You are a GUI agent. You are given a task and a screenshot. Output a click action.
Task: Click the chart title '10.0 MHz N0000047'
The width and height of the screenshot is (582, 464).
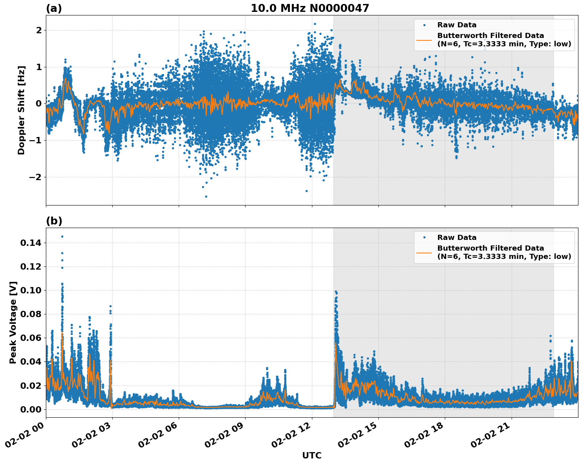[x=310, y=8]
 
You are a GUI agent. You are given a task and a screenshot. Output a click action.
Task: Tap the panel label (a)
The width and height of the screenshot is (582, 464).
[x=54, y=8]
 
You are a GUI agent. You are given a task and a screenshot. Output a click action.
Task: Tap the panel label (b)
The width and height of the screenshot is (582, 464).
[x=54, y=221]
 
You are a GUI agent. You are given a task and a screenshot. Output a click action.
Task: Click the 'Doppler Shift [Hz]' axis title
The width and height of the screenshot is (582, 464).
[x=21, y=110]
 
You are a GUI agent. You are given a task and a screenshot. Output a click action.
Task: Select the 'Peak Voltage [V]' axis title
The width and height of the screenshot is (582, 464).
[x=13, y=322]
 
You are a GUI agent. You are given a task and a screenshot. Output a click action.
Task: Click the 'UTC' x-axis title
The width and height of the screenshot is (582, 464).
[x=312, y=455]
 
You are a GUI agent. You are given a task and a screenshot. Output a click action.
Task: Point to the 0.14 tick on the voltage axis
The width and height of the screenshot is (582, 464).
[x=31, y=243]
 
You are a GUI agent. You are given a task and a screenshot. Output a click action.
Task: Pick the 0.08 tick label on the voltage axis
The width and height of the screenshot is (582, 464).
[x=31, y=314]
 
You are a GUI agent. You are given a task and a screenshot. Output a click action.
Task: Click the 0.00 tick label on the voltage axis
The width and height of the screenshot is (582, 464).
[x=31, y=409]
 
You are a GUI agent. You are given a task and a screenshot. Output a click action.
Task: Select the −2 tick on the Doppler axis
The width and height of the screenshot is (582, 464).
[x=35, y=177]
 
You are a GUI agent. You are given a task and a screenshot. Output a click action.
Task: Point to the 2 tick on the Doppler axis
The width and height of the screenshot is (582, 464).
[x=39, y=30]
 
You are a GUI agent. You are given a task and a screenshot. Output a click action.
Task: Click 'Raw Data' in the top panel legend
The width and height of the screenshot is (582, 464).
[x=457, y=25]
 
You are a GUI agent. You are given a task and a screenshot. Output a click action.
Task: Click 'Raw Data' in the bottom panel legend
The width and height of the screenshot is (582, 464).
[x=457, y=238]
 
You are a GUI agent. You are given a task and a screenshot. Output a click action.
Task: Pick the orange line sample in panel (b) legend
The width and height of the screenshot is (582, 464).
[x=424, y=252]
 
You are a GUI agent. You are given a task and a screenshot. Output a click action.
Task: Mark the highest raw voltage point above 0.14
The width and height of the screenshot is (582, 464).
[x=62, y=236]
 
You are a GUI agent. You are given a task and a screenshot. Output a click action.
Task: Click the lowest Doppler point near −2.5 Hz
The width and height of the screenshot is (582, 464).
[x=206, y=196]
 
